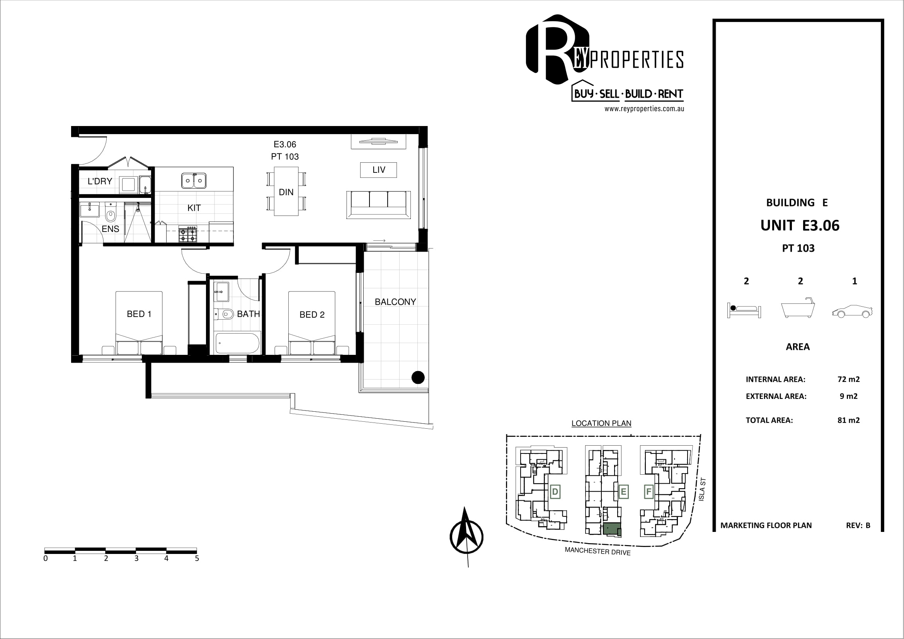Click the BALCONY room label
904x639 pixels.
[395, 302]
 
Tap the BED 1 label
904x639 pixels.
[139, 314]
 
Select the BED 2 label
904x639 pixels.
[312, 315]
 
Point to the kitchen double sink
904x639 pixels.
[194, 181]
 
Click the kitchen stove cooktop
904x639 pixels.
[188, 234]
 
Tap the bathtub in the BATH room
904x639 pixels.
[237, 343]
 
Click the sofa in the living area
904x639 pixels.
[378, 205]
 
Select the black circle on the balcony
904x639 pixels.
[418, 378]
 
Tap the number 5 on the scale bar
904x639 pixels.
[197, 558]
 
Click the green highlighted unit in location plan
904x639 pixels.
[612, 530]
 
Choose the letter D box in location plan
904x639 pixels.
[555, 492]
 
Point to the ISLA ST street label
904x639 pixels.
[701, 489]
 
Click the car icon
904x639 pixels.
[853, 312]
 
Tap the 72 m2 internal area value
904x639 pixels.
[848, 379]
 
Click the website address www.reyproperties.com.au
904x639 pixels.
[644, 109]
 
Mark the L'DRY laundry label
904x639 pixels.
[100, 181]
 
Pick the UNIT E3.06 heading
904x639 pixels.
[800, 225]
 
